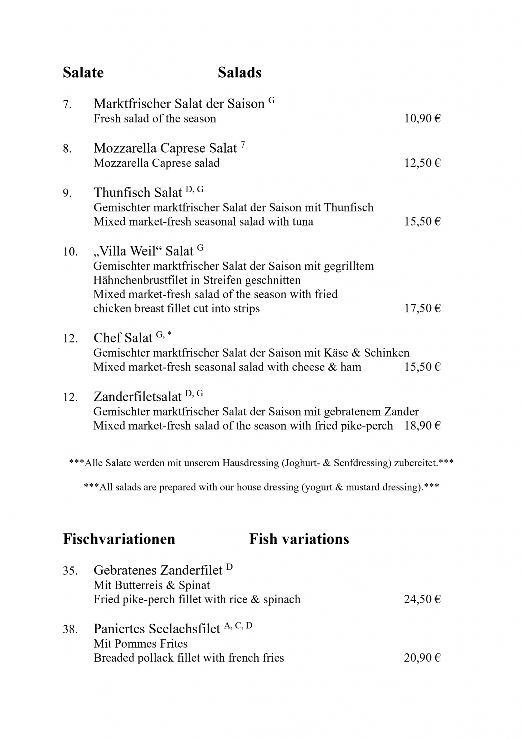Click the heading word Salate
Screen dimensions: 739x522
click(x=83, y=73)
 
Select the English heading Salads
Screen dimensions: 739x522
click(x=239, y=73)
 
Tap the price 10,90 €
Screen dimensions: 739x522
click(x=422, y=119)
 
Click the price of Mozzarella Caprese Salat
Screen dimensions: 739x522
click(x=422, y=163)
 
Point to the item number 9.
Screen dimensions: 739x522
click(x=67, y=193)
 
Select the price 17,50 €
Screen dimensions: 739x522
click(x=422, y=309)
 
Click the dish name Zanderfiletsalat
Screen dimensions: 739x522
click(x=137, y=397)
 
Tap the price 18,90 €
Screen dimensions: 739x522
click(x=422, y=426)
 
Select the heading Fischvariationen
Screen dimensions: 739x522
click(x=119, y=539)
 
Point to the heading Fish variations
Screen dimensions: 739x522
click(x=299, y=539)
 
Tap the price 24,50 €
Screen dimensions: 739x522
click(x=422, y=599)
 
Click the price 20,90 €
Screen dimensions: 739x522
click(x=422, y=658)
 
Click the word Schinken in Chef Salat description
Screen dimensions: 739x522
click(x=386, y=353)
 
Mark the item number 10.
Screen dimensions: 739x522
click(x=70, y=252)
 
